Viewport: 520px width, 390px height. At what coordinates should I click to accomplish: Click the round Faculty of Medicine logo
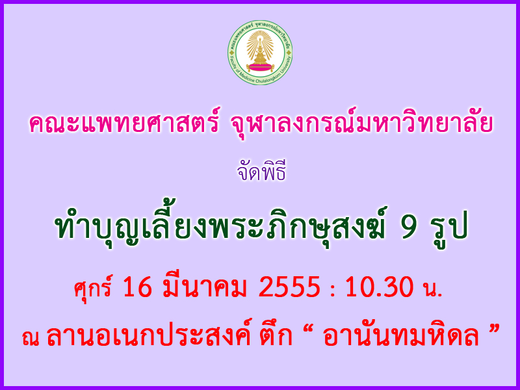260,53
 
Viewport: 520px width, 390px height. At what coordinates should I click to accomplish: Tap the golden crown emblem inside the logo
260,51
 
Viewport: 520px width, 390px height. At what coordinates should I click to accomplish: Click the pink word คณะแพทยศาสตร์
124,123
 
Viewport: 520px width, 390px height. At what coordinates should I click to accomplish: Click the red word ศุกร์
93,286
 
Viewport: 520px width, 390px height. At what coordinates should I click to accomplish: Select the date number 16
138,287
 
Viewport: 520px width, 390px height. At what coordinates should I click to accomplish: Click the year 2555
289,287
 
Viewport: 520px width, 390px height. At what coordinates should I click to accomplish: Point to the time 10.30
380,287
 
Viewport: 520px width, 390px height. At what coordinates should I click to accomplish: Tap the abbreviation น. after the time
433,289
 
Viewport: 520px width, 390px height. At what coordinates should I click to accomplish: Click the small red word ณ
31,338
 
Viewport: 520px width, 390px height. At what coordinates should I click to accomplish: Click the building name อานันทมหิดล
400,335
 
